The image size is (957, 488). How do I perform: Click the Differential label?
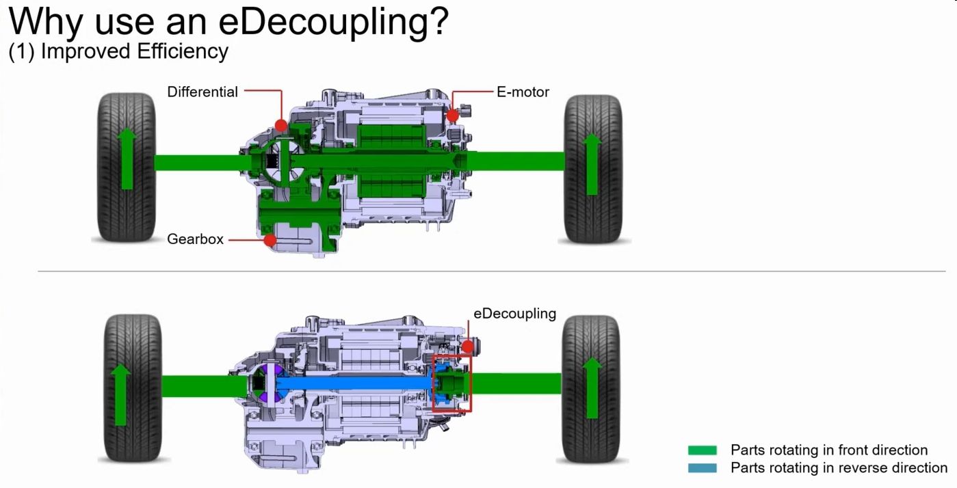pyautogui.click(x=202, y=92)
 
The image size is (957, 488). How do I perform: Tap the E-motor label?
pyautogui.click(x=523, y=92)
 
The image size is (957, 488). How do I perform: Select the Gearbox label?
pyautogui.click(x=195, y=239)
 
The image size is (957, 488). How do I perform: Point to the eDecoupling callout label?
pyautogui.click(x=515, y=314)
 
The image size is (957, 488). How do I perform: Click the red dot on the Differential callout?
pyautogui.click(x=281, y=126)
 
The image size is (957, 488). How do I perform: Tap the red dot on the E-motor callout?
pyautogui.click(x=452, y=116)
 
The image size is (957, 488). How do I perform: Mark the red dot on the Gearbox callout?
pyautogui.click(x=270, y=241)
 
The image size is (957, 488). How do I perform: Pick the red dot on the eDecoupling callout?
pyautogui.click(x=468, y=347)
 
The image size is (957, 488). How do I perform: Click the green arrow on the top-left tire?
pyautogui.click(x=127, y=159)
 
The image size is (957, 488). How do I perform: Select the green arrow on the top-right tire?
pyautogui.click(x=592, y=164)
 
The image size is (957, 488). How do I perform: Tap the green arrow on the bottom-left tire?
pyautogui.click(x=121, y=394)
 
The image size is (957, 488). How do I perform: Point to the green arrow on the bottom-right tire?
pyautogui.click(x=592, y=388)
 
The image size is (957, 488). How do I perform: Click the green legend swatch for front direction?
pyautogui.click(x=703, y=450)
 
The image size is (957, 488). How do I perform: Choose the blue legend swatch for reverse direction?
pyautogui.click(x=703, y=468)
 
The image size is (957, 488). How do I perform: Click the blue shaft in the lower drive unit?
pyautogui.click(x=354, y=383)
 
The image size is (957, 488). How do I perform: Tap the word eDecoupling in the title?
pyautogui.click(x=334, y=22)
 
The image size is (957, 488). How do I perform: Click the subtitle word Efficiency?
pyautogui.click(x=183, y=52)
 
